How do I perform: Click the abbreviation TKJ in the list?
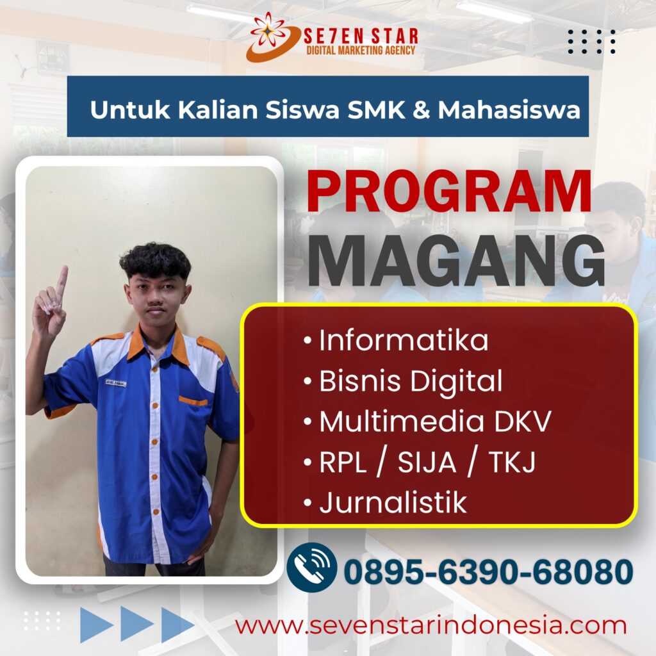[x=512, y=463]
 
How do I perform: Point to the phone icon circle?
[x=312, y=567]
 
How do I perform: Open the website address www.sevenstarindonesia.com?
[x=430, y=626]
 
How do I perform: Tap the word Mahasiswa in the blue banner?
[x=509, y=110]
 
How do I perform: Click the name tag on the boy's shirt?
[x=115, y=382]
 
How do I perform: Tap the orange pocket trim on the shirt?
[x=193, y=401]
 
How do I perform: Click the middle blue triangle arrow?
[x=137, y=624]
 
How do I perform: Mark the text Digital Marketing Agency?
[x=361, y=50]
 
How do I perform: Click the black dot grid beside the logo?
[x=591, y=42]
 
